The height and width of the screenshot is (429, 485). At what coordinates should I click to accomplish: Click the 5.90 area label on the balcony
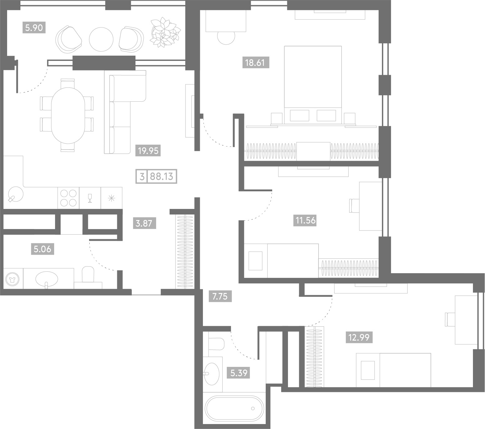point(34,28)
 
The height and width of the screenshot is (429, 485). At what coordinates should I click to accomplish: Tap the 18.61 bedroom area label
point(255,63)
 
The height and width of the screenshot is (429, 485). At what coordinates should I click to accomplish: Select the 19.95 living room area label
point(148,151)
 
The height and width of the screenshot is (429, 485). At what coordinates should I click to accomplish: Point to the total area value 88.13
point(161,177)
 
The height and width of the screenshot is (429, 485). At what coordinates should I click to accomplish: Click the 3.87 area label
point(144,223)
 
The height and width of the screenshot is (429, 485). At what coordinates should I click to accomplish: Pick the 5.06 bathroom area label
point(43,249)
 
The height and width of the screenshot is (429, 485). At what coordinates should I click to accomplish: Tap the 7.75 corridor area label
point(220,296)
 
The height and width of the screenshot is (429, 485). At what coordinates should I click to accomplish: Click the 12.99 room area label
point(359,337)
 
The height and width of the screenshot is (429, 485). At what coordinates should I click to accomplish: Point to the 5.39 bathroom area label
point(239,373)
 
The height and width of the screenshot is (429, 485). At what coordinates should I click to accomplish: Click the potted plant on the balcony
point(165,32)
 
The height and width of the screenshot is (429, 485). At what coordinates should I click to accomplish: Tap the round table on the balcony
point(101,40)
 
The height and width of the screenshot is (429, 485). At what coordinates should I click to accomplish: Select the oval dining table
point(68,115)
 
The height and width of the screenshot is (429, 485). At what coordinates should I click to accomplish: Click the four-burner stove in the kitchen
point(68,198)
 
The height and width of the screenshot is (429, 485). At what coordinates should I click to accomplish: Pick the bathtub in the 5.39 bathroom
point(234,409)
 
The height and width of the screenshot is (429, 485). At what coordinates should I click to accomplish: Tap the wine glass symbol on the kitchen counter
point(90,198)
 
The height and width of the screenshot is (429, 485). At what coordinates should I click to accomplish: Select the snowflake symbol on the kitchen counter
point(112,198)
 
